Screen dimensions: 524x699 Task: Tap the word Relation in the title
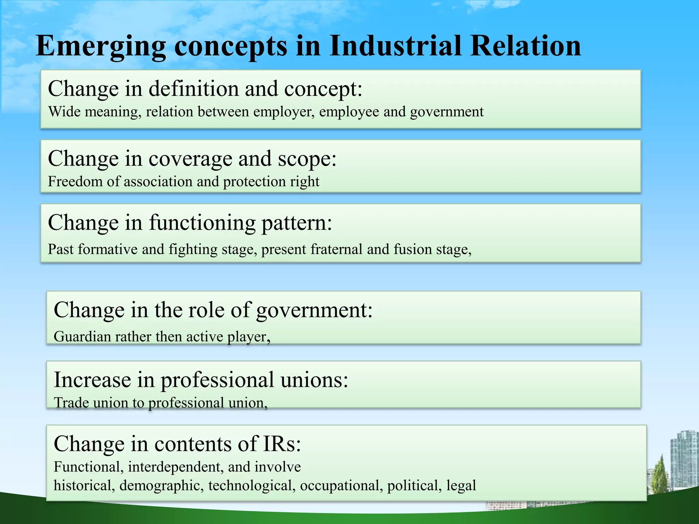click(525, 46)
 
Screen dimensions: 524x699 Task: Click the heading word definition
click(194, 89)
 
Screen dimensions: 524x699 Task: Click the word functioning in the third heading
click(202, 223)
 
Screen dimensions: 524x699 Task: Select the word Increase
click(92, 380)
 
